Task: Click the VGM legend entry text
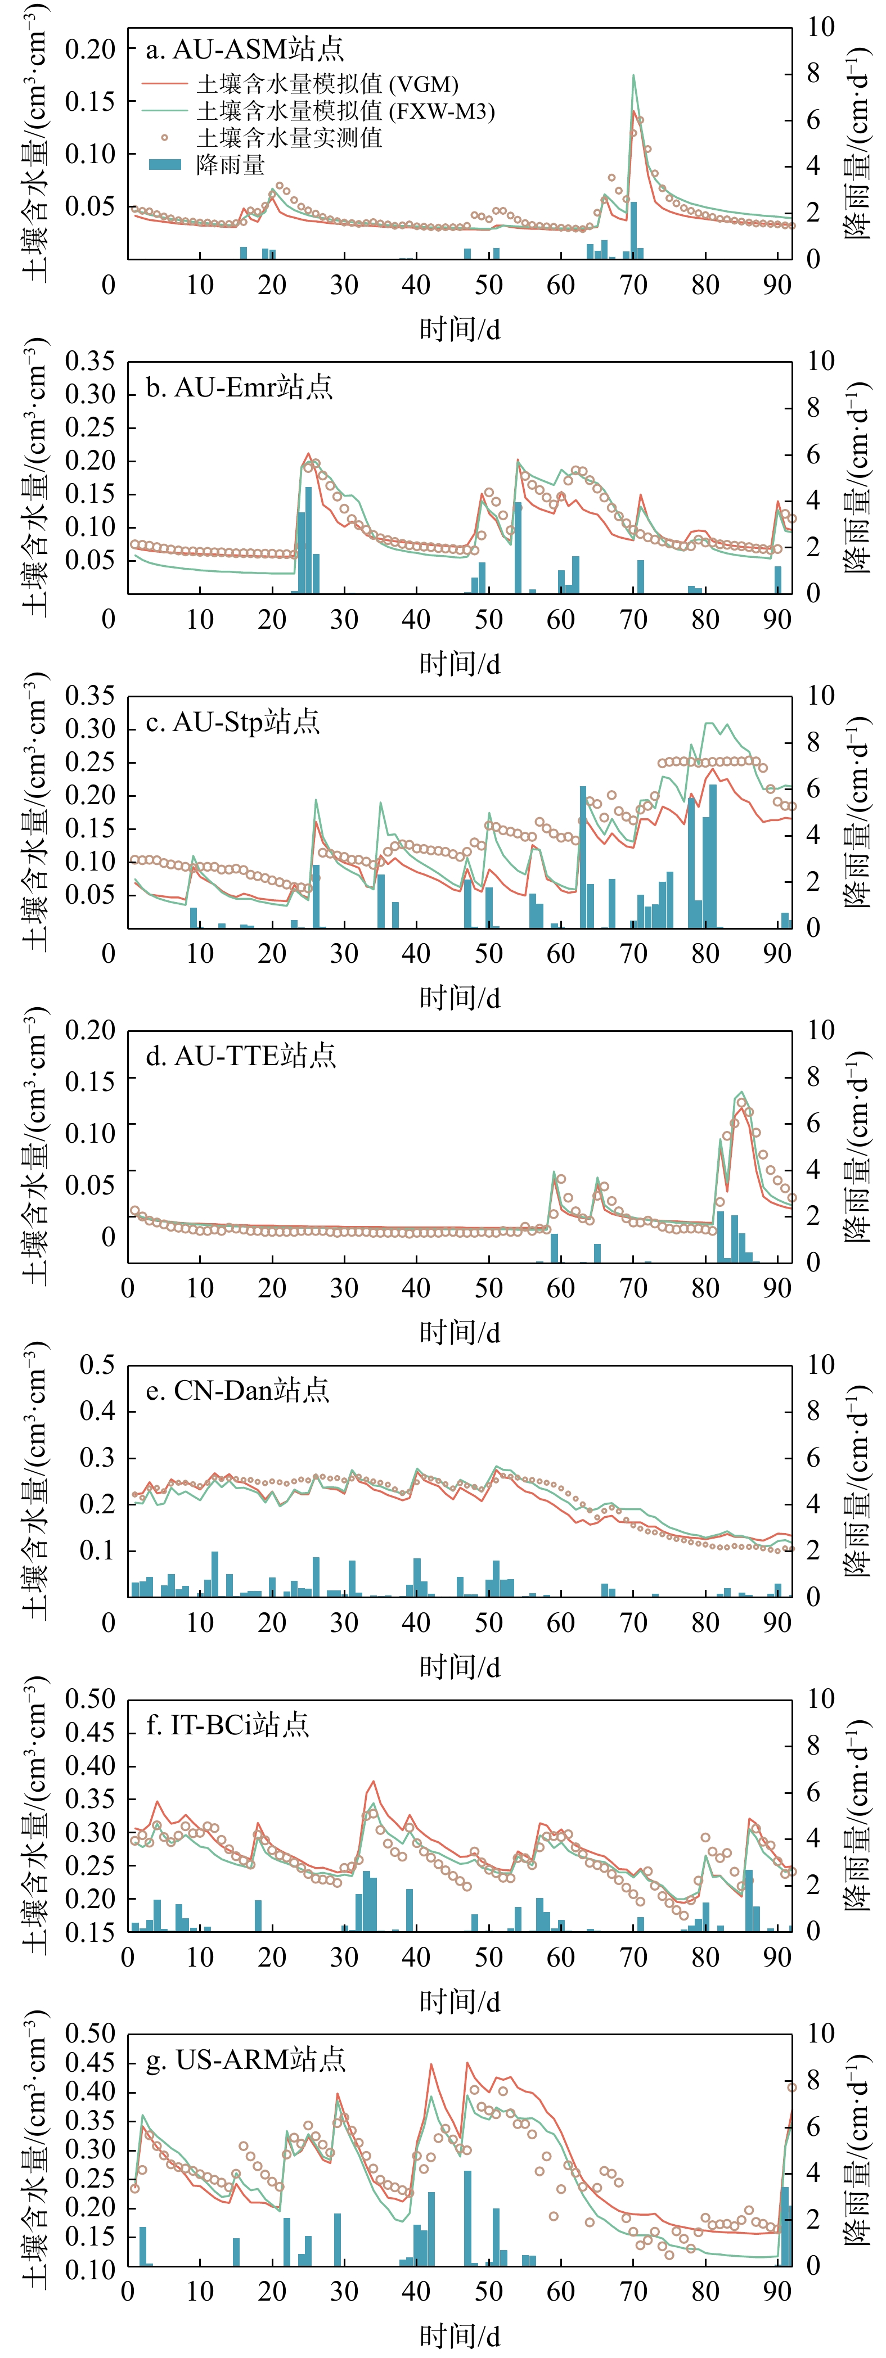tap(327, 85)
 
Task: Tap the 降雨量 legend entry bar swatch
tap(165, 165)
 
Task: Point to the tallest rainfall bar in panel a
tap(633, 230)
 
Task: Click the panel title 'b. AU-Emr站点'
tap(239, 387)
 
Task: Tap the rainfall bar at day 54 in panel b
tap(518, 547)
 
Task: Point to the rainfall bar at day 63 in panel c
tap(583, 856)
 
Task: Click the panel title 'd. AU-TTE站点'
tap(241, 1056)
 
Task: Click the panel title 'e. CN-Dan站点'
tap(237, 1391)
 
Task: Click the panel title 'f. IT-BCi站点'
tap(227, 1725)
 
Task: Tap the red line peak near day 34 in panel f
tap(372, 1782)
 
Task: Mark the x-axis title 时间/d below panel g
tap(460, 2337)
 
